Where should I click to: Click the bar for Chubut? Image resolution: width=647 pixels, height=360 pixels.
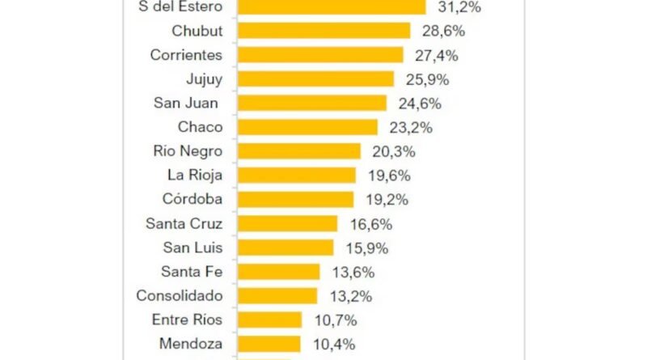tap(324, 31)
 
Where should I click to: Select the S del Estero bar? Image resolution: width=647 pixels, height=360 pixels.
tap(332, 7)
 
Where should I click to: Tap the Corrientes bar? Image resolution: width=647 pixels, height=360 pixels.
tap(321, 55)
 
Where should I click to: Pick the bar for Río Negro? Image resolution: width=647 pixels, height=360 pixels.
tap(300, 151)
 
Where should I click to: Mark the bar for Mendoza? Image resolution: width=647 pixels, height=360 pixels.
tap(270, 344)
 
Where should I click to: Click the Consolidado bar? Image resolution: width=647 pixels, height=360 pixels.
tap(277, 295)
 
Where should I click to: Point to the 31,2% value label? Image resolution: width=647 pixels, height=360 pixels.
tap(459, 7)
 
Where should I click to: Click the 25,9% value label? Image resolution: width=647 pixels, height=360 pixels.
tap(426, 79)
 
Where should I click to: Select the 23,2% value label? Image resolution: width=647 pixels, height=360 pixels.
tap(410, 127)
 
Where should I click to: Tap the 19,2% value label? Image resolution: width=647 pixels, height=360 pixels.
tap(386, 200)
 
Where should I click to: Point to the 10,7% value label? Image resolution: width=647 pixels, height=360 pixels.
tap(334, 320)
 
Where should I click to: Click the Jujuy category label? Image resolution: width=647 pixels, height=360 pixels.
tap(204, 79)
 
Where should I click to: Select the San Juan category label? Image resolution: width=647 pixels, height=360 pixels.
tap(188, 103)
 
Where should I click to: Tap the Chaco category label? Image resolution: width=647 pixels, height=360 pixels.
tap(200, 127)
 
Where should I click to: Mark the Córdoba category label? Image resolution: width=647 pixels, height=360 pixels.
tap(192, 200)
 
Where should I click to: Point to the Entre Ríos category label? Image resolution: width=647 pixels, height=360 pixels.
tap(187, 320)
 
